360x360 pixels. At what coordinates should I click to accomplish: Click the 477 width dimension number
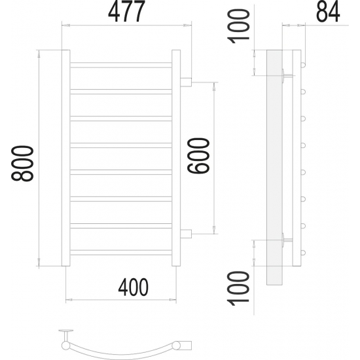click(x=126, y=11)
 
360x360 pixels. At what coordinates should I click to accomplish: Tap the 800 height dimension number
click(x=22, y=163)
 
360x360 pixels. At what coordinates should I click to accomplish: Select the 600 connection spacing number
click(x=198, y=156)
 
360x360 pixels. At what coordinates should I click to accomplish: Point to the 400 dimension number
click(x=134, y=287)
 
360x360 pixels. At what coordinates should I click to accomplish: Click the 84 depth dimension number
click(x=328, y=12)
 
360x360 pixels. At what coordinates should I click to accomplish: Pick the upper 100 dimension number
click(x=238, y=26)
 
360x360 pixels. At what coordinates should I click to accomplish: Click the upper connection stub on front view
click(x=186, y=82)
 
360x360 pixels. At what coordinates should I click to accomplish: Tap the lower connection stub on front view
click(x=186, y=234)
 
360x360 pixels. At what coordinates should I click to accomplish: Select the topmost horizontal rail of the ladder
click(x=121, y=65)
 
